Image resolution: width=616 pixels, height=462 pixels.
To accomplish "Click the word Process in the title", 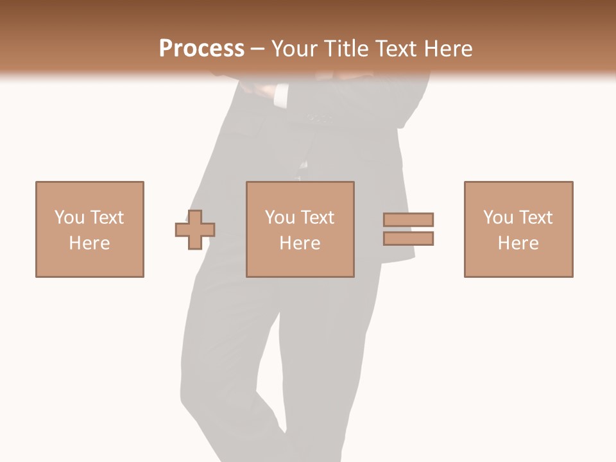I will [x=201, y=49].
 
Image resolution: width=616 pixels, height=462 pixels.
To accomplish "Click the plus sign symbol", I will [x=195, y=230].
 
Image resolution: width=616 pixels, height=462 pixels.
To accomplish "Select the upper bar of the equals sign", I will [x=408, y=219].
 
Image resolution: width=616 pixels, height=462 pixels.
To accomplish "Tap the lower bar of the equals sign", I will [x=408, y=239].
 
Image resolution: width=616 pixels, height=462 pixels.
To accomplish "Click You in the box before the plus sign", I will [x=69, y=218].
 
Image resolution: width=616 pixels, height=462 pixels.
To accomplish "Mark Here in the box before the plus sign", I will [x=89, y=243].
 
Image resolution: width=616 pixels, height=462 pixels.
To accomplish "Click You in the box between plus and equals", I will [x=280, y=218].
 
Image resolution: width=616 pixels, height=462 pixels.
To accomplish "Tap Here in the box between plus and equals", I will [x=300, y=243].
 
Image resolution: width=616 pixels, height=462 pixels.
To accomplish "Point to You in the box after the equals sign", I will [x=498, y=218].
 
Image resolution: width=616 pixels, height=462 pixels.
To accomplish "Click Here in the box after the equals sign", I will [x=518, y=243].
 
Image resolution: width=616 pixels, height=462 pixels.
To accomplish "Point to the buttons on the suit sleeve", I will [x=319, y=118].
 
